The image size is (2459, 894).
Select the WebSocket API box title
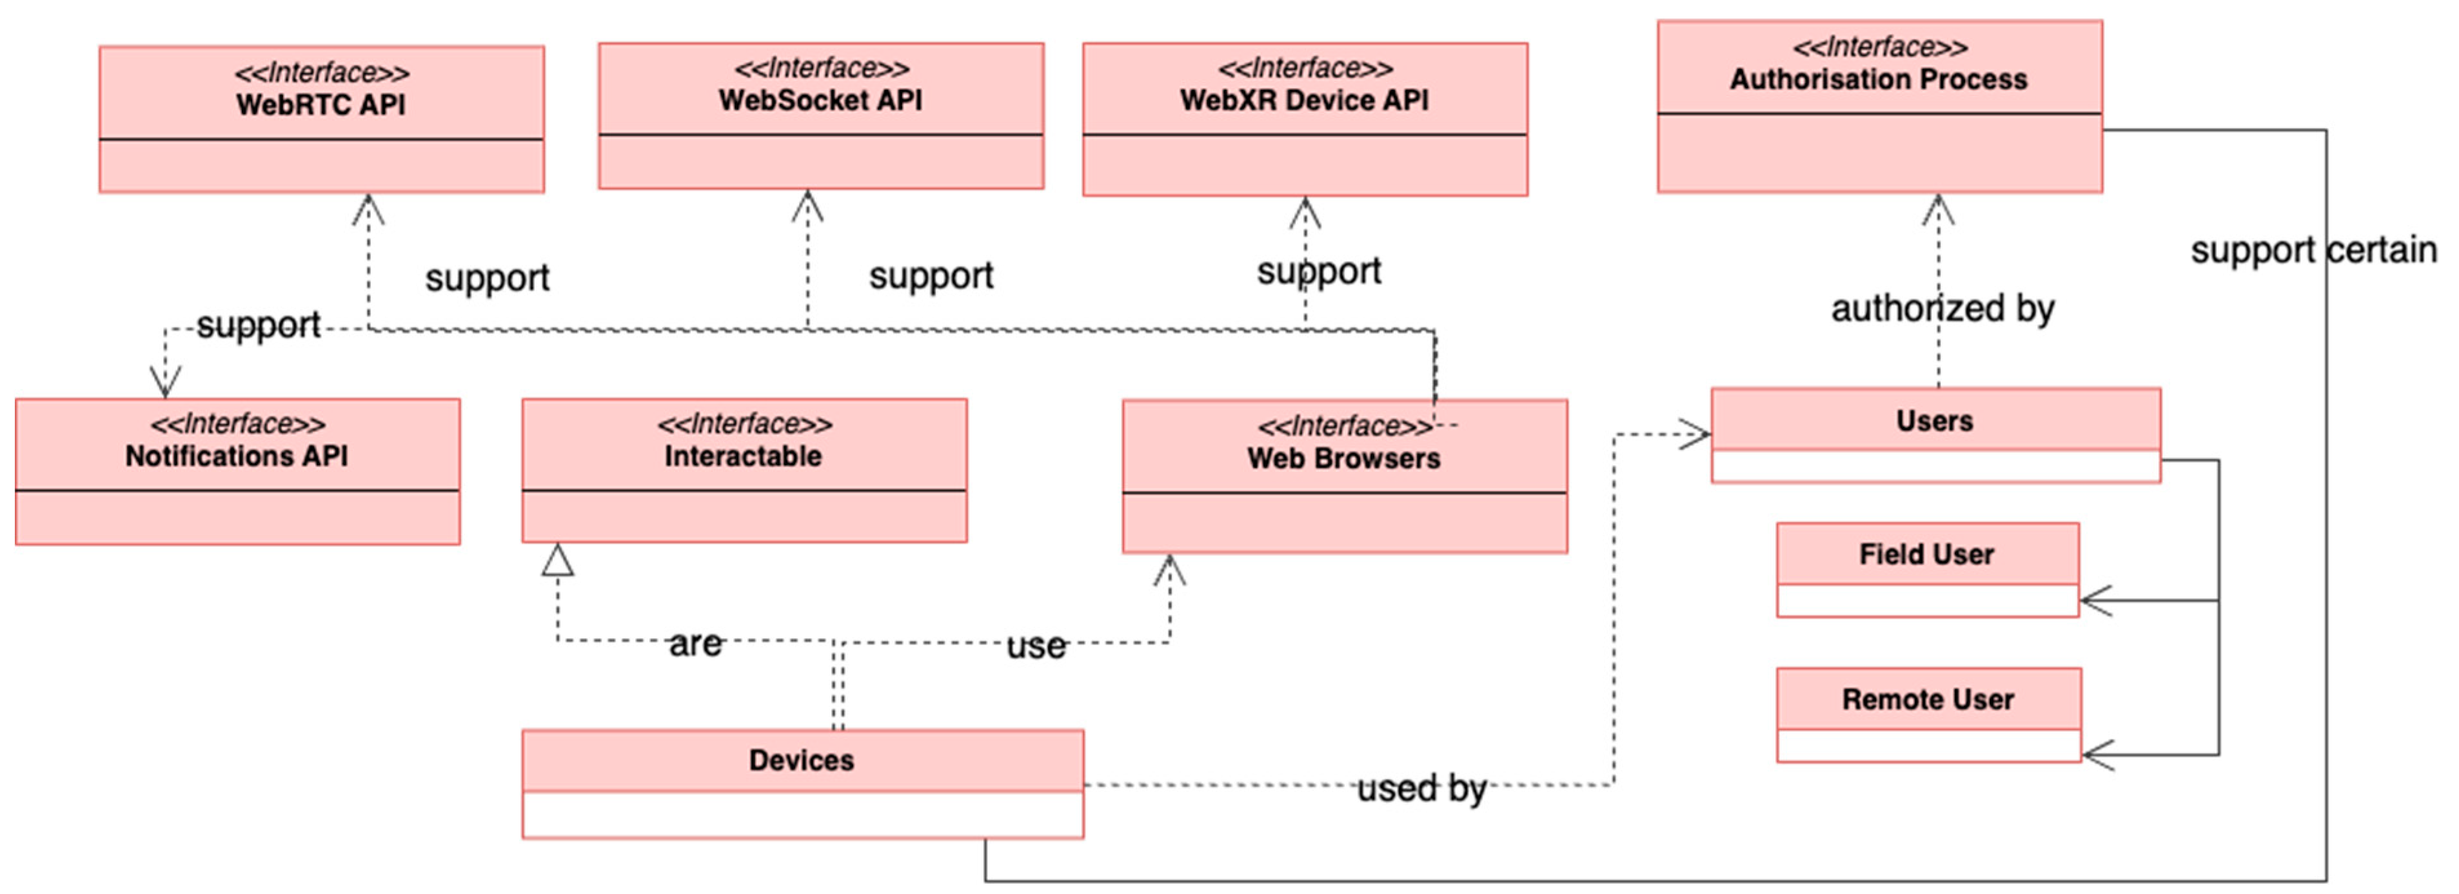(820, 100)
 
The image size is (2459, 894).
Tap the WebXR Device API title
(1304, 100)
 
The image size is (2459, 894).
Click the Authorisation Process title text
(1878, 79)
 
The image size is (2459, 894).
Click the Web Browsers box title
(1343, 458)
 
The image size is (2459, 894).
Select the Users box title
(1934, 421)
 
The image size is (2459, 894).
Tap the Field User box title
(1926, 554)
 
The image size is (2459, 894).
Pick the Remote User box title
(1928, 699)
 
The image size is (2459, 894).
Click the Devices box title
(801, 761)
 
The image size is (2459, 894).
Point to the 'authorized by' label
(1942, 308)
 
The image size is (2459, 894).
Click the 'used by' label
(1421, 788)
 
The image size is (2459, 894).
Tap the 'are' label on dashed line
(695, 643)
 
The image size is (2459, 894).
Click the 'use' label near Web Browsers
(1036, 646)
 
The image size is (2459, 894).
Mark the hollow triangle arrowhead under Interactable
(557, 561)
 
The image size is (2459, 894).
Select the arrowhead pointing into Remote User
(2095, 755)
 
